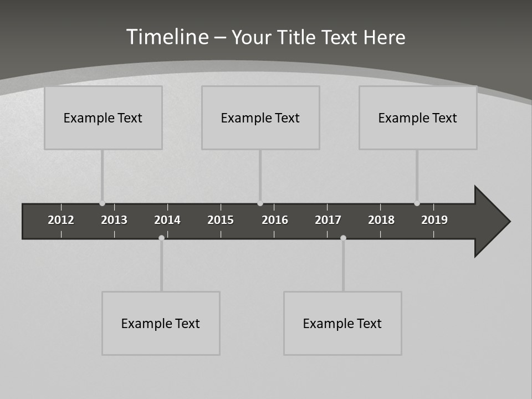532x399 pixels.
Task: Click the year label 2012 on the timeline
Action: [61, 220]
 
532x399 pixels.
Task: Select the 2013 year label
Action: [114, 220]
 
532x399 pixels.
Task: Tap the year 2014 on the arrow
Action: [167, 220]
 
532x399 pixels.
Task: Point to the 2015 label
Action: [221, 220]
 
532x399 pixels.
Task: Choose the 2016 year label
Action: [275, 220]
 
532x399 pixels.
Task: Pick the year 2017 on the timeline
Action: [328, 220]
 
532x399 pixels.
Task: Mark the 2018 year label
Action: [381, 220]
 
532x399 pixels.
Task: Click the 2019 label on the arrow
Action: [434, 220]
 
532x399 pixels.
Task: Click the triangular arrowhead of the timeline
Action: [490, 221]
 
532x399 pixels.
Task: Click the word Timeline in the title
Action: [167, 37]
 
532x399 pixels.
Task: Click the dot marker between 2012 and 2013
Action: [102, 203]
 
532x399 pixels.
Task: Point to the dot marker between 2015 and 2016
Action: [260, 203]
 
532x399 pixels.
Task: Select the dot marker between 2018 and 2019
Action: [417, 203]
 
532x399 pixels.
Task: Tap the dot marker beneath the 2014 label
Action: [161, 238]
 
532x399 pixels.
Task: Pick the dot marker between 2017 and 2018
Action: [343, 238]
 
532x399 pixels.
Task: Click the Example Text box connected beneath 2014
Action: [161, 323]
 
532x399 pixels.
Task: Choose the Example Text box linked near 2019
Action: [418, 117]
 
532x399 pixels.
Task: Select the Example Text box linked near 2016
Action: [260, 117]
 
